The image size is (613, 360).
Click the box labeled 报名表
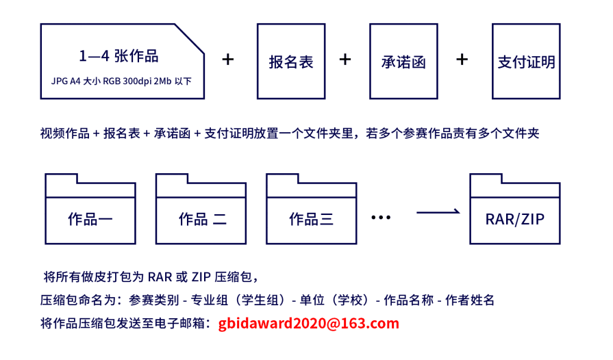pos(291,61)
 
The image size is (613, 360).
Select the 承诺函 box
pos(403,61)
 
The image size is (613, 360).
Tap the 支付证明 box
pos(526,61)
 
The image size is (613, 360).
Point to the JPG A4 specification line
pos(121,81)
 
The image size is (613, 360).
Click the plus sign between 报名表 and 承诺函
pos(345,60)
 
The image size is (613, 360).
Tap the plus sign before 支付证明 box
pos(462,60)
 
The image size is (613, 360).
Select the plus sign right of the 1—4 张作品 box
pos(228,60)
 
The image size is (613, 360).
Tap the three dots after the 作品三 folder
pos(380,218)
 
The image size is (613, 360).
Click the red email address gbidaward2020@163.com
pos(309,323)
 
